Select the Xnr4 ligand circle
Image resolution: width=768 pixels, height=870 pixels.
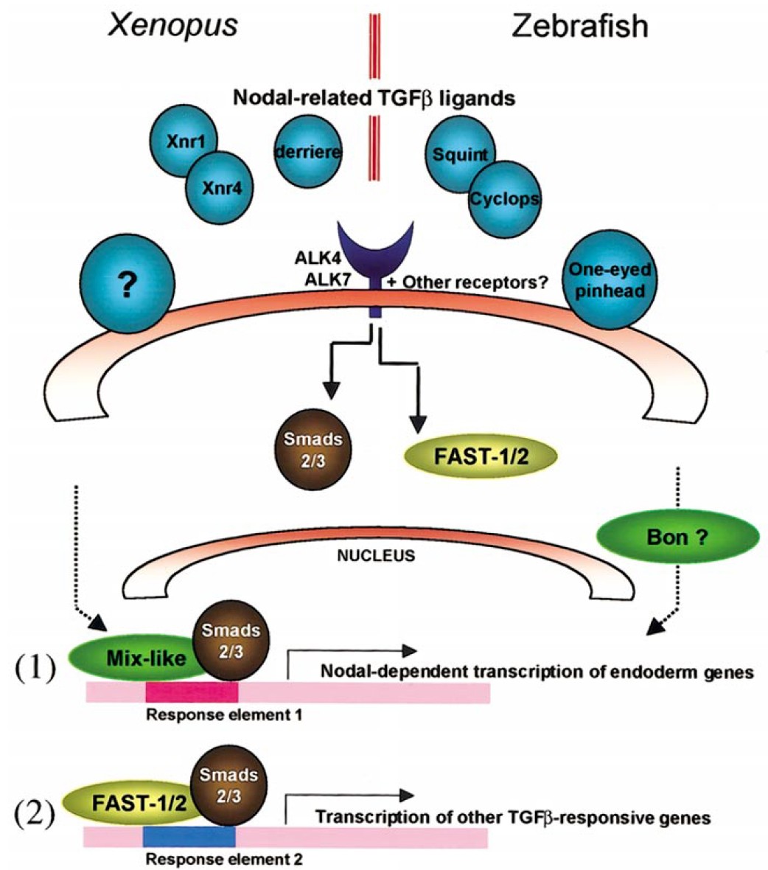coord(219,188)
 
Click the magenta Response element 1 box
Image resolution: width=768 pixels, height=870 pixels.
coord(192,692)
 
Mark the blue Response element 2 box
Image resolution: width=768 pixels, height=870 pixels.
coord(189,835)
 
